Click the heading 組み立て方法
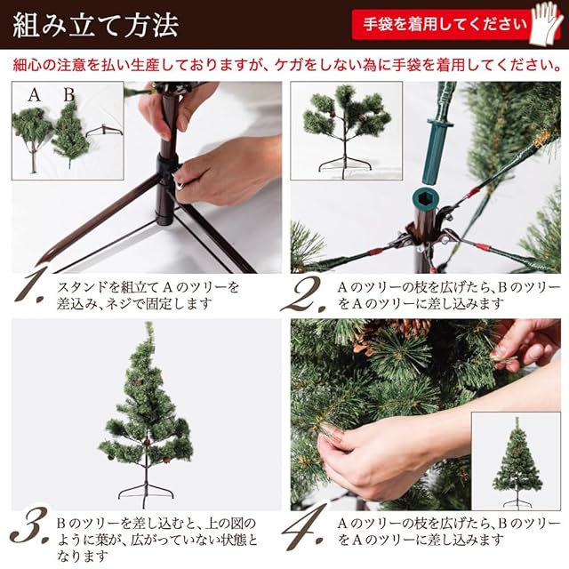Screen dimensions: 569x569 click(x=96, y=26)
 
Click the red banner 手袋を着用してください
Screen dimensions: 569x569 click(x=445, y=24)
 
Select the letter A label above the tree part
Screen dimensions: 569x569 click(x=35, y=95)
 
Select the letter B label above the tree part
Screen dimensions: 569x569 click(x=69, y=95)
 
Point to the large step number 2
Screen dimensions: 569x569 click(x=304, y=294)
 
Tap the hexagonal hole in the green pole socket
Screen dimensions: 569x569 click(x=427, y=198)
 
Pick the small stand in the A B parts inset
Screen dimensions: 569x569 click(x=105, y=131)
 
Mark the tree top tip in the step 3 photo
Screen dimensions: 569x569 click(x=148, y=323)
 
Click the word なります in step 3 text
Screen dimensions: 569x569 click(x=83, y=556)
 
